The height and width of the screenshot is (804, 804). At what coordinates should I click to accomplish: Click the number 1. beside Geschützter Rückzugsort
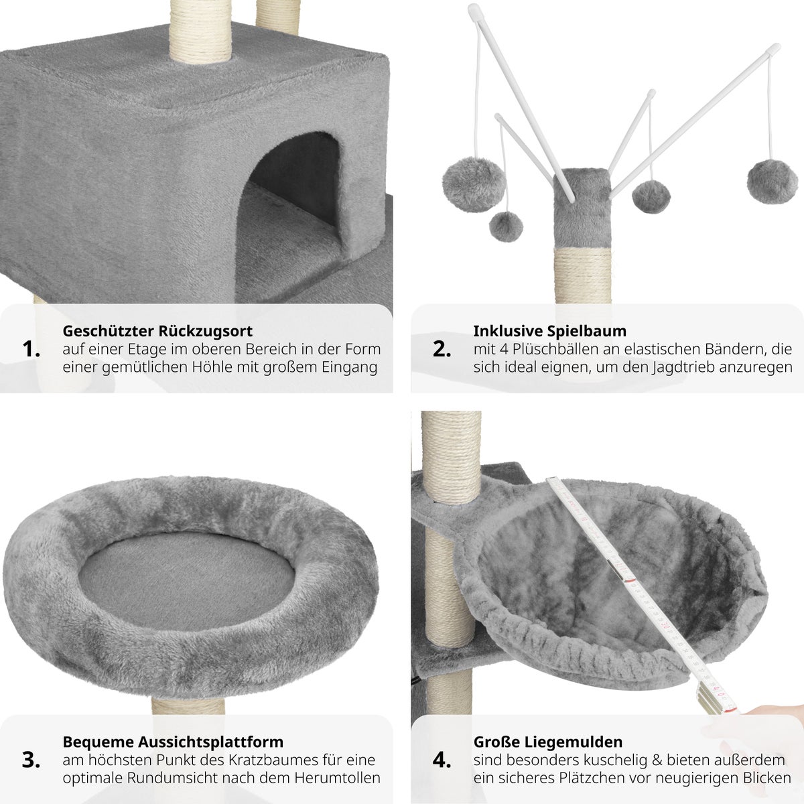(31, 349)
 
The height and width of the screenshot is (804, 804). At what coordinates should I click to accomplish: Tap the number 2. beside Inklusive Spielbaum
(442, 349)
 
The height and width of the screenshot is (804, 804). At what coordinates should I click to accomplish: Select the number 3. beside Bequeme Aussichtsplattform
(31, 760)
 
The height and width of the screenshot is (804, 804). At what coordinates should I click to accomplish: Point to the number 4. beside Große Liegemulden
(442, 760)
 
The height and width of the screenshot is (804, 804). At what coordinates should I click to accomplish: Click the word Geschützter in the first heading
(107, 331)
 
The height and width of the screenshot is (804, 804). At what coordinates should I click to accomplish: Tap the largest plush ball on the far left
(474, 184)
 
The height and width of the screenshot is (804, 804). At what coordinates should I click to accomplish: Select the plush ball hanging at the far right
(773, 182)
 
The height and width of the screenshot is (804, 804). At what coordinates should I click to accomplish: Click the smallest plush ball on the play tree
(506, 226)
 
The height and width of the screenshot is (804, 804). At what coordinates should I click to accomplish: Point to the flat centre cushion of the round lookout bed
(186, 580)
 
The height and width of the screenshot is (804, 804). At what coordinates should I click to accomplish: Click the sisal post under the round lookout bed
(188, 705)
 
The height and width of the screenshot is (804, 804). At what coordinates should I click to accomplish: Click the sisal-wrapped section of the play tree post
(583, 276)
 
